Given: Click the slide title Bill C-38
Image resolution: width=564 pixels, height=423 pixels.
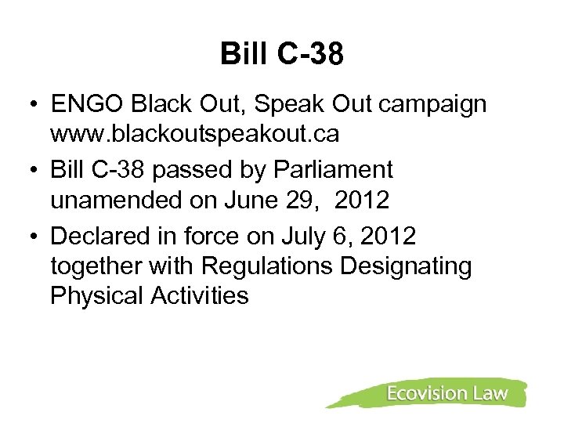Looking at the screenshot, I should click(283, 54).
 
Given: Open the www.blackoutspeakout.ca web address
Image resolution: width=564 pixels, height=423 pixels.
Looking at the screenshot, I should click(194, 135).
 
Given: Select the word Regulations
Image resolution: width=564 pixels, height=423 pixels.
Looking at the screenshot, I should click(267, 267).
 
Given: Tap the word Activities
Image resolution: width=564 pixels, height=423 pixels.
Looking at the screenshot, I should click(202, 296).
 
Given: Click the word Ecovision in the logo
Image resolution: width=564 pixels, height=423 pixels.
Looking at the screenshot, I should click(425, 393).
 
